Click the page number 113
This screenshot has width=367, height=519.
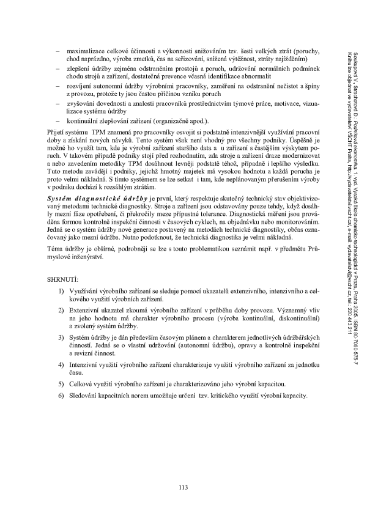(182, 487)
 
